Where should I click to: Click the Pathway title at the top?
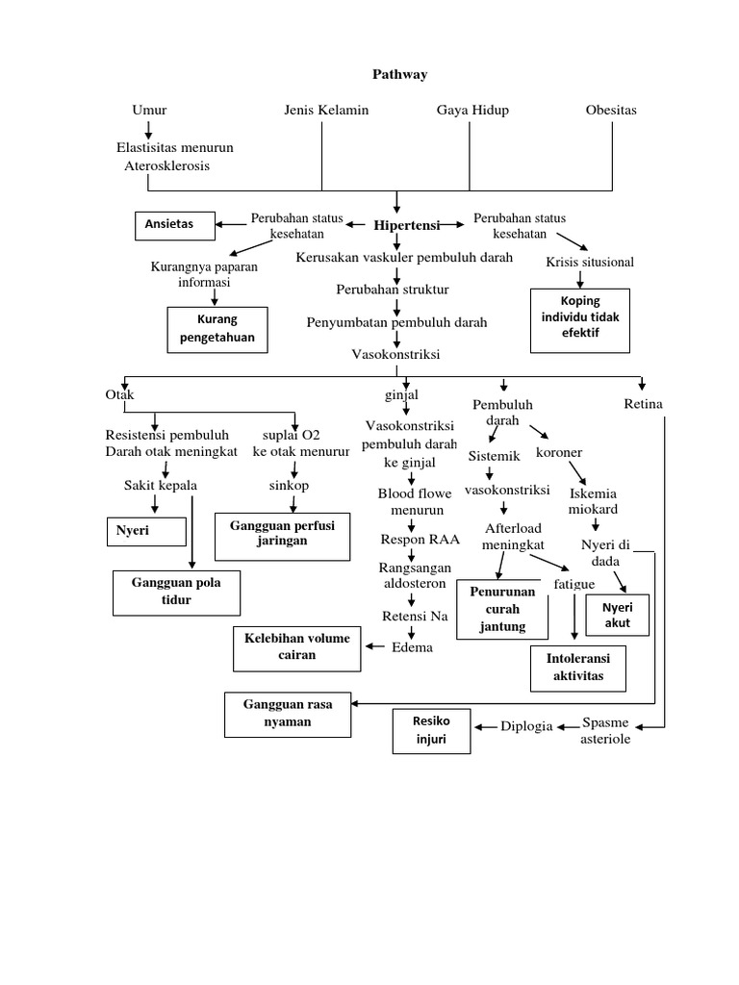[x=399, y=74]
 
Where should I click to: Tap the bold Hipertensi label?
[x=406, y=225]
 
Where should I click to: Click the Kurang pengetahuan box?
[x=217, y=330]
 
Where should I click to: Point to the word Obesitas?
[x=611, y=110]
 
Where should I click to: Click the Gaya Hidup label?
[x=472, y=110]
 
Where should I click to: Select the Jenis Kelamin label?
[x=326, y=110]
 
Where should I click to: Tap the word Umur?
[x=149, y=110]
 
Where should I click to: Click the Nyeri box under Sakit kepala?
[x=145, y=530]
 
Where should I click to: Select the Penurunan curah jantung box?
[x=501, y=610]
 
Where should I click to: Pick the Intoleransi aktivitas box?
[x=577, y=669]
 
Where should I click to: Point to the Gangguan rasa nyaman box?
[x=288, y=714]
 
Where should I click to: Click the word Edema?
[x=412, y=647]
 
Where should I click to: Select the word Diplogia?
[x=526, y=726]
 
